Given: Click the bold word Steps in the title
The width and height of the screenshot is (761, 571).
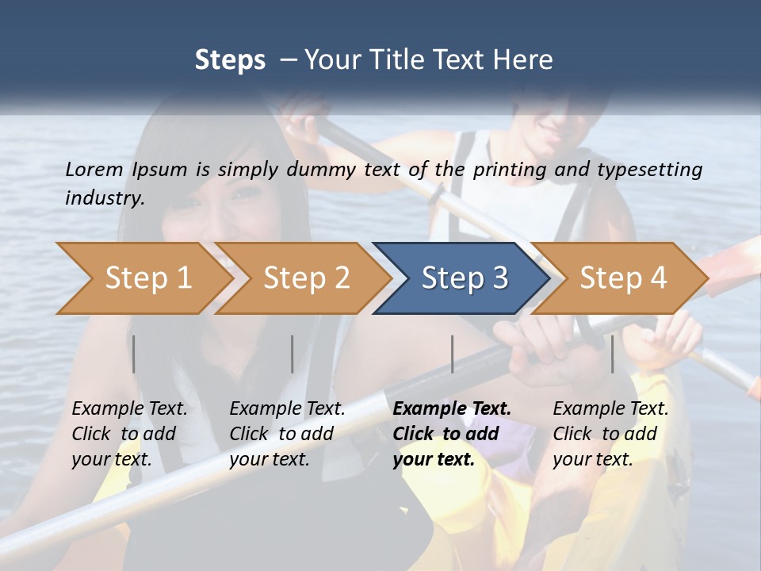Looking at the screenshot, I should (x=230, y=59).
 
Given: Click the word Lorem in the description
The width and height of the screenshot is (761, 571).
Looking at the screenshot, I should (x=94, y=169).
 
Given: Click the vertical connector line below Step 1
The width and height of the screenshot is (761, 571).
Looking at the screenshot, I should (x=134, y=354).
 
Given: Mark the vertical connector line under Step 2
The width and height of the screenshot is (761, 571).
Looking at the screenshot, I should (x=293, y=354).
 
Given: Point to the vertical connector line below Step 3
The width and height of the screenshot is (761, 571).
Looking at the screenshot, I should (x=452, y=354).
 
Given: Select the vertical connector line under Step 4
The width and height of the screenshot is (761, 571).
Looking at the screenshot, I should (x=612, y=354).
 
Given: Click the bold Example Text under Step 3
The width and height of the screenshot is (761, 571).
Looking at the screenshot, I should (x=452, y=408).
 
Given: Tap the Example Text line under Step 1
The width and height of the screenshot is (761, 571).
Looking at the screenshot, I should (x=129, y=408).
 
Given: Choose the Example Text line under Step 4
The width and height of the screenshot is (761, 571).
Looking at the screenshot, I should (x=610, y=408).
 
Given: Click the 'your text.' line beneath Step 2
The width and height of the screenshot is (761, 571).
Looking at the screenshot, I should (x=269, y=459).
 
